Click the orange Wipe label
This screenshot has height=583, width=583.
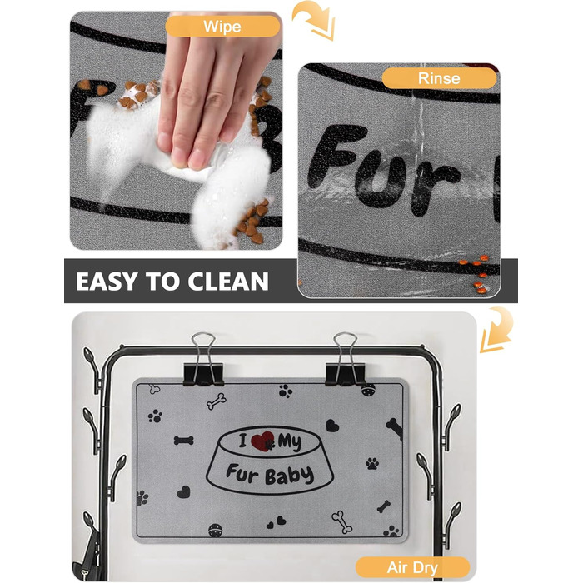click(222, 27)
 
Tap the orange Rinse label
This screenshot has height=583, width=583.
click(439, 78)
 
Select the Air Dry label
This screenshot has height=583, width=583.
click(412, 567)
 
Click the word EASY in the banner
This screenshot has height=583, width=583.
click(107, 282)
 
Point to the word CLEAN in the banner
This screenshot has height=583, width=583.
click(228, 282)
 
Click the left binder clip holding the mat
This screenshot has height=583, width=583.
click(203, 360)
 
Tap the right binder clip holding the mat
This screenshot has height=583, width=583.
click(346, 360)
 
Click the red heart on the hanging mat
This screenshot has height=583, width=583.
click(262, 441)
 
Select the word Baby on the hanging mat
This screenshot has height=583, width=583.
click(289, 476)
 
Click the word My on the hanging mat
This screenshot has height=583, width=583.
click(290, 442)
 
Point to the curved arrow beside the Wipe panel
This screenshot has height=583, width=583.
click(313, 21)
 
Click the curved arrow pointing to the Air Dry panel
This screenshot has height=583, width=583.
click(496, 330)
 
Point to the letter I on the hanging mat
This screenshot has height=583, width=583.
click(243, 441)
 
